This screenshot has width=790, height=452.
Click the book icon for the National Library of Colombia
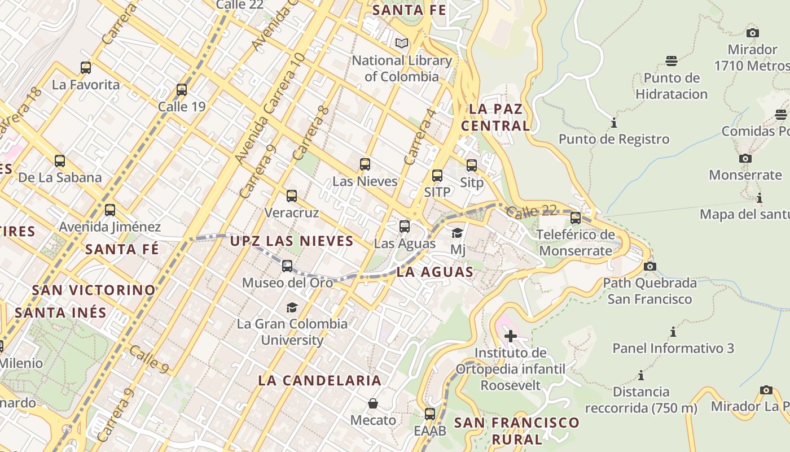click(402, 43)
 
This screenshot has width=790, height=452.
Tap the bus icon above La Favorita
click(86, 68)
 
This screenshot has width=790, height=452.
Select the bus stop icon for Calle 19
click(182, 90)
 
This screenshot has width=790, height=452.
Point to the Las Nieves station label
click(365, 181)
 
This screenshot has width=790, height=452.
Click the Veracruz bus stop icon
click(292, 196)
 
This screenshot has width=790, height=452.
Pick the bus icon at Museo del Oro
click(287, 266)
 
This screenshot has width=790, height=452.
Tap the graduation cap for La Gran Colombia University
click(292, 307)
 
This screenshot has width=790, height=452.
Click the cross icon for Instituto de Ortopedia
click(511, 336)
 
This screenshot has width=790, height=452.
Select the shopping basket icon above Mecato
click(373, 403)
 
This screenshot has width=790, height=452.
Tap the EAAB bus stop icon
click(430, 414)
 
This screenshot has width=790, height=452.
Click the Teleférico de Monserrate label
click(575, 242)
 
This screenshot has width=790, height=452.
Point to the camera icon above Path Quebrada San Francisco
click(650, 266)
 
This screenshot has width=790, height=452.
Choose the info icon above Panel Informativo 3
click(673, 332)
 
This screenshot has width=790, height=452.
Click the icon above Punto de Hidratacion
click(671, 60)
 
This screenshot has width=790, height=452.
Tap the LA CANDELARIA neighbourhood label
click(319, 380)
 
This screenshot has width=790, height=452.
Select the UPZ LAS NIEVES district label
click(291, 241)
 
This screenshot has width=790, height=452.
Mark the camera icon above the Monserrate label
click(745, 158)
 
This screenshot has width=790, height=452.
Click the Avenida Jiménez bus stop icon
click(110, 210)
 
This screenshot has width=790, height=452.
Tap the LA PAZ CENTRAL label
click(495, 117)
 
